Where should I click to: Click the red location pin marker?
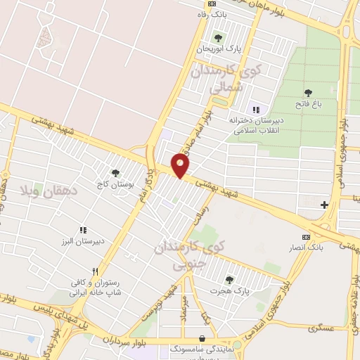181,165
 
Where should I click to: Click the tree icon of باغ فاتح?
308,93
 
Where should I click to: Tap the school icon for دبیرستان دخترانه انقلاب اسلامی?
256,110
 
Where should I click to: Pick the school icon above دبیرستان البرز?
83,230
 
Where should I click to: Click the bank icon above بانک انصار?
304,237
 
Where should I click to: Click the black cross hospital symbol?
323,205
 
